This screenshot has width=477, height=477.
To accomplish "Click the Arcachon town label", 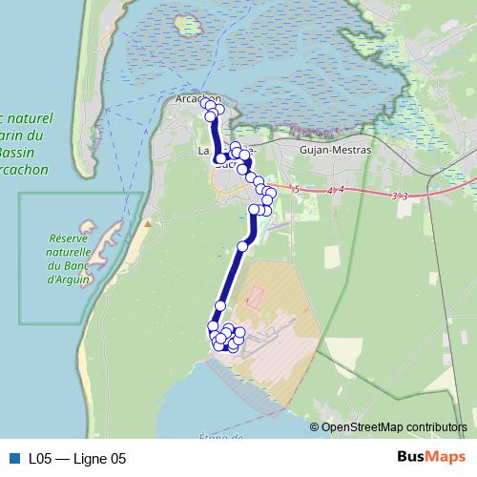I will pos(197,98).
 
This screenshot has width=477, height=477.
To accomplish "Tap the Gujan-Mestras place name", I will pos(334,150).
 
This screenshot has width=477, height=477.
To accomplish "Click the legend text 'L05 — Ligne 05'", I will pos(76,459).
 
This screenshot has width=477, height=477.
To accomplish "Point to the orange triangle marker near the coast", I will pos(147,225).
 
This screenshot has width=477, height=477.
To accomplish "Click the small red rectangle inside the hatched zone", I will pos(255,296).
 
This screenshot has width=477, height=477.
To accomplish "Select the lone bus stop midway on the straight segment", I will pos(242,246).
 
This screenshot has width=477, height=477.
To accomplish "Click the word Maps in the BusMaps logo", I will pos(446,458).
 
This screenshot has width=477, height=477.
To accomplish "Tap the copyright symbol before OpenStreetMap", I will pos(314,426).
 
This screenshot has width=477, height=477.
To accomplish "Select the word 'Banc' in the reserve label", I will pos(86,265).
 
